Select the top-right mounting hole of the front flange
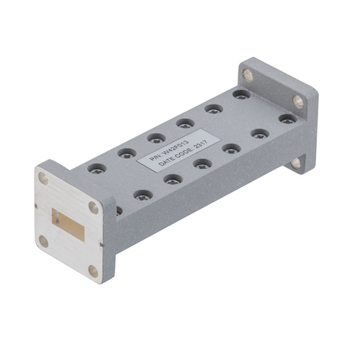[94, 207]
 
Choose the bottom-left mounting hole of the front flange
[44, 241]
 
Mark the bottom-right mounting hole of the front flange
[92, 271]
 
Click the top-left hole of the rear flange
[248, 73]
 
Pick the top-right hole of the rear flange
[297, 100]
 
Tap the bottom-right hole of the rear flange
[296, 163]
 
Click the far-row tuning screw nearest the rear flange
[241, 94]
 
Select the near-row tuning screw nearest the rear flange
[287, 119]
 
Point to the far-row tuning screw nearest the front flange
[96, 168]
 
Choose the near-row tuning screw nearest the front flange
[143, 195]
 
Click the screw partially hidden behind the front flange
[119, 210]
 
